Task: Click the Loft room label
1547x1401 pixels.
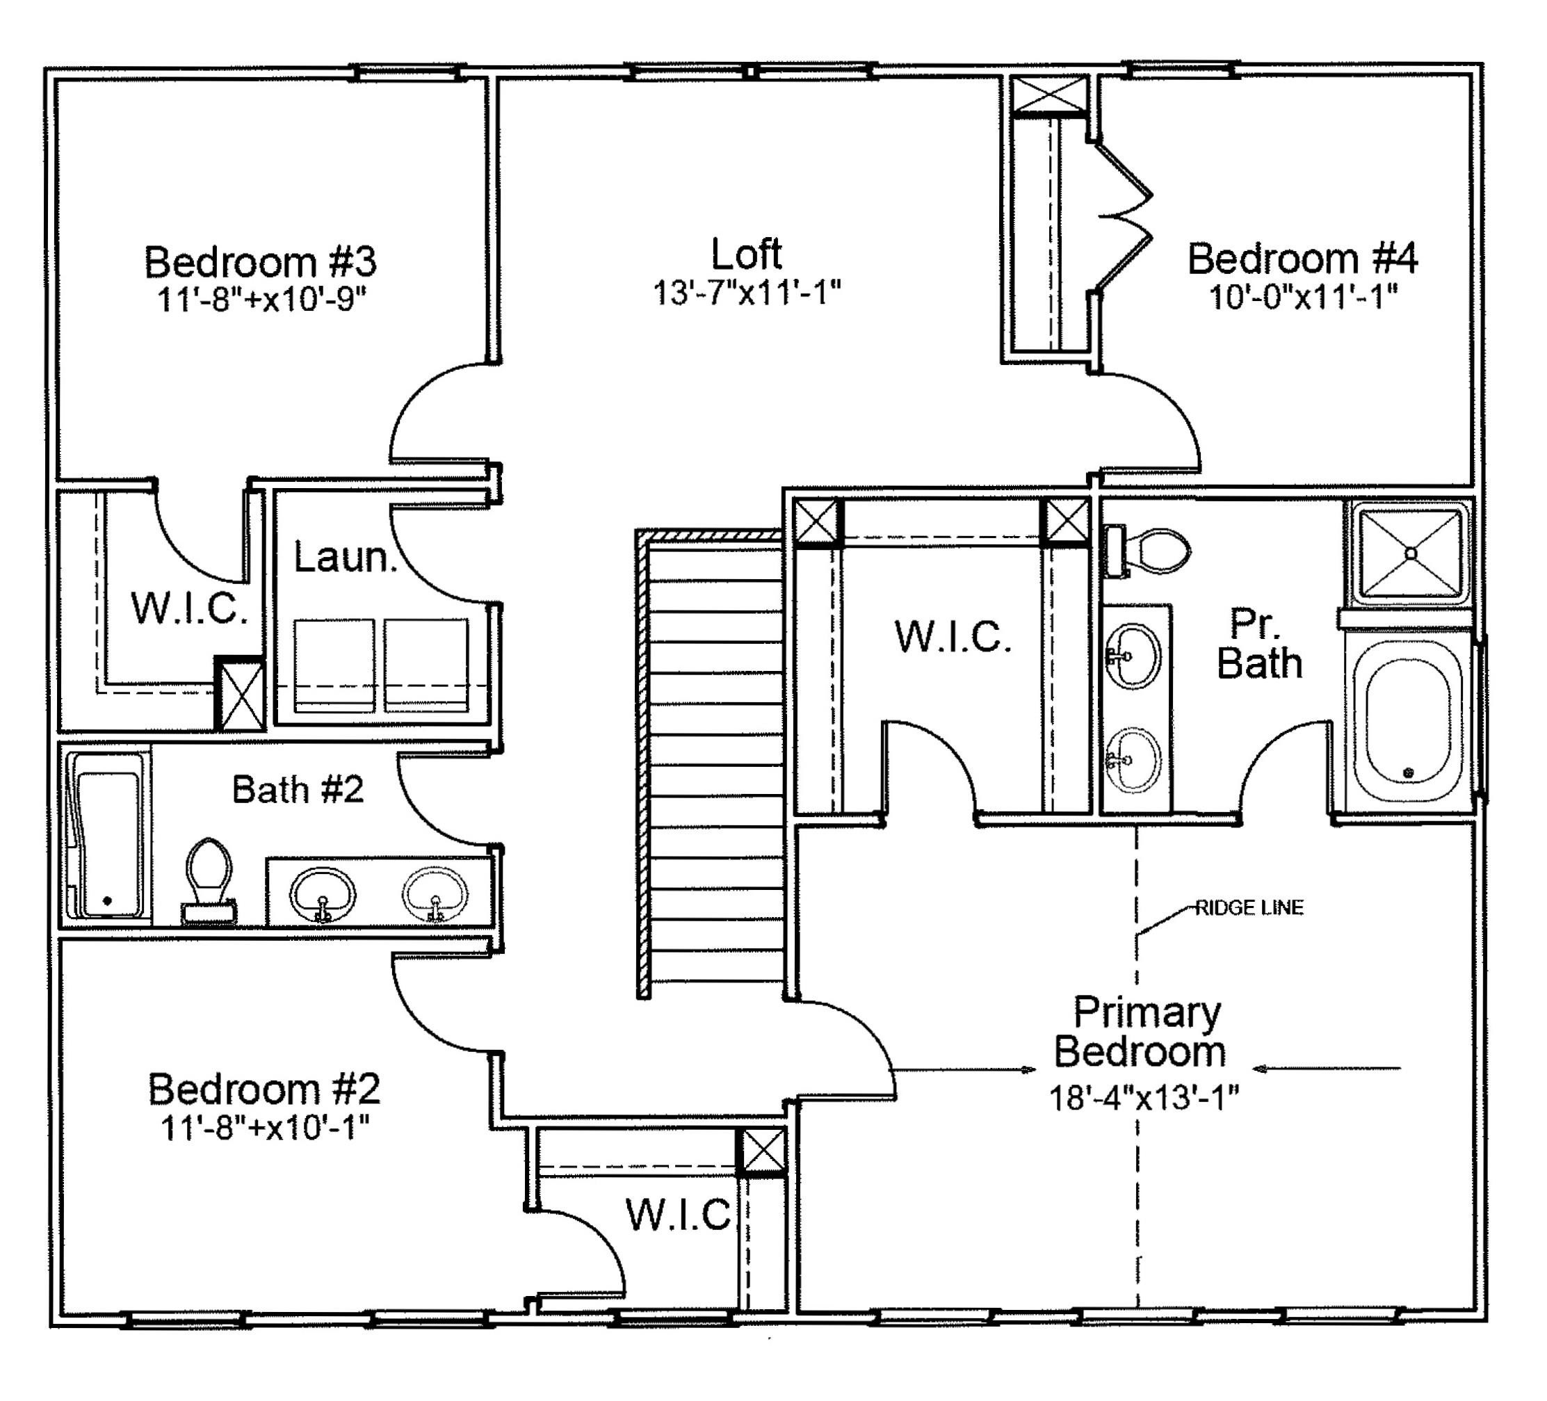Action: (x=746, y=253)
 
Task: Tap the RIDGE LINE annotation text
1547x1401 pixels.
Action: (x=1249, y=907)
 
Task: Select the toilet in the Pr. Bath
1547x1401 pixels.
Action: (x=1147, y=551)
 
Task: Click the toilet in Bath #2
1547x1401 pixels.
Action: (x=209, y=880)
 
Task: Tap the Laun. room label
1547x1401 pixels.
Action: (x=346, y=557)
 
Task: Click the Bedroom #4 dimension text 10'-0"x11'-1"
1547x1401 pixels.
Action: (x=1302, y=296)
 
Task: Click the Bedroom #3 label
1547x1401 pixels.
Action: (x=260, y=261)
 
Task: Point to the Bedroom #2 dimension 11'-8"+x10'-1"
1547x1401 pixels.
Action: (x=265, y=1127)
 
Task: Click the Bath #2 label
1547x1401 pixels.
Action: (x=298, y=788)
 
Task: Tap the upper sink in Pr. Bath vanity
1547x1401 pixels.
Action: (x=1133, y=656)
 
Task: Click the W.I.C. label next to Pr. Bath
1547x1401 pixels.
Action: (x=953, y=637)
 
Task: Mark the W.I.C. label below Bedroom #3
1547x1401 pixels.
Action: (x=190, y=608)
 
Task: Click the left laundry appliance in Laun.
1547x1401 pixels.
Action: (x=334, y=665)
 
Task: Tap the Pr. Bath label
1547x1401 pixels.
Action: (x=1259, y=644)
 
